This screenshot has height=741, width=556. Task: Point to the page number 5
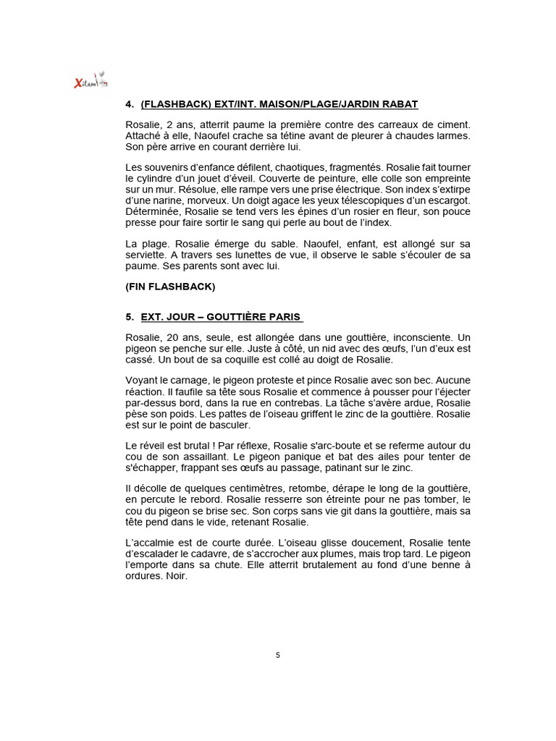tap(278, 655)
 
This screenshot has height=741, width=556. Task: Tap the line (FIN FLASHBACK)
tap(170, 286)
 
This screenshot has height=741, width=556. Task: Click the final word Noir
tap(176, 577)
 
